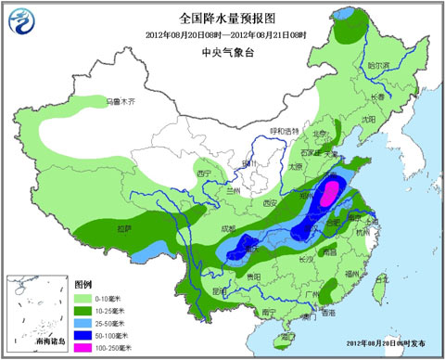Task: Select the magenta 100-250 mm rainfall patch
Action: (326, 196)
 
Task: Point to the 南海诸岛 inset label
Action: (33, 344)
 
